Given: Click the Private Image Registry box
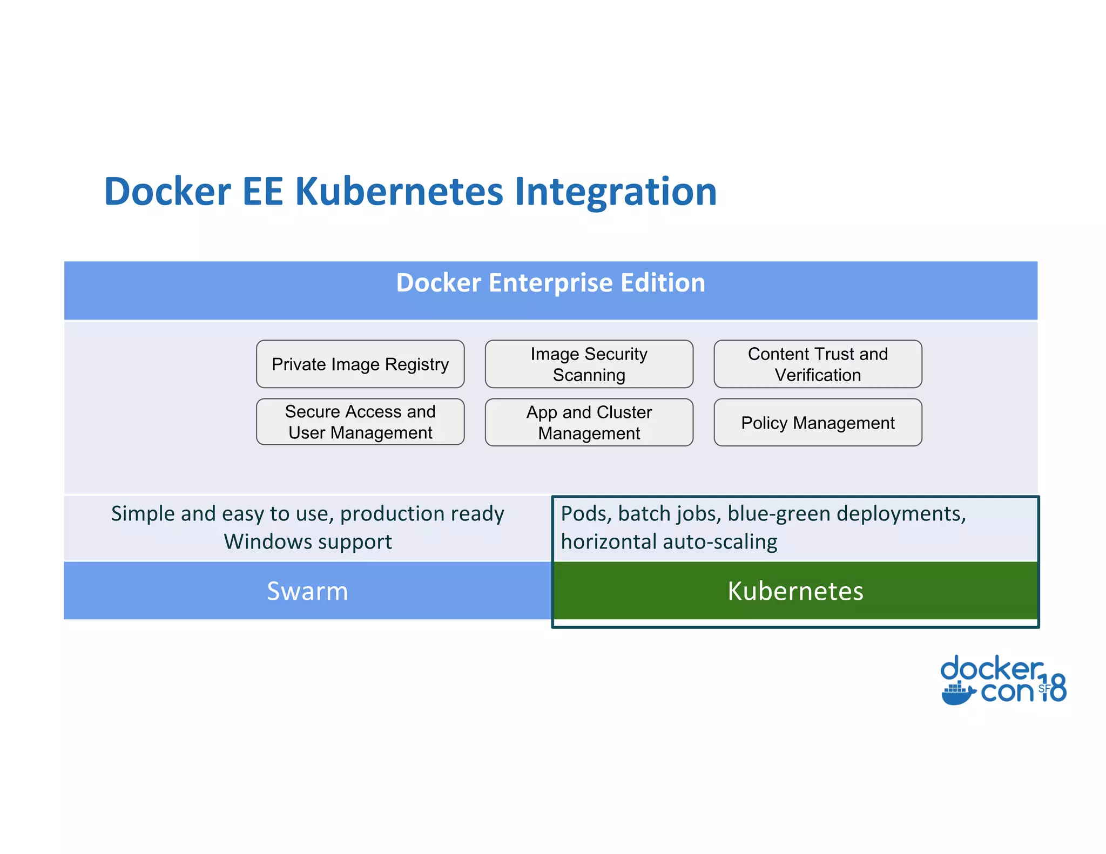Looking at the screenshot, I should pyautogui.click(x=360, y=364).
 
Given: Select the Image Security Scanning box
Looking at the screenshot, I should pyautogui.click(x=589, y=364).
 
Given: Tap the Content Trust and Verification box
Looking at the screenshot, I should pyautogui.click(x=818, y=364).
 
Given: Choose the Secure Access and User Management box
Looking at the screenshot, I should pyautogui.click(x=360, y=422).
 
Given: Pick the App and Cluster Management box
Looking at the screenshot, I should pyautogui.click(x=589, y=423).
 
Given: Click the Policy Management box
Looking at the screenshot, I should pyautogui.click(x=818, y=423).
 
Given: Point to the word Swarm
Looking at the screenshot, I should pyautogui.click(x=307, y=591).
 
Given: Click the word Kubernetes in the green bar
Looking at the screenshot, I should pyautogui.click(x=795, y=591).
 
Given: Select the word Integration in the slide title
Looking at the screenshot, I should pyautogui.click(x=616, y=192).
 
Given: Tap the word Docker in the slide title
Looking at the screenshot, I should pyautogui.click(x=167, y=192).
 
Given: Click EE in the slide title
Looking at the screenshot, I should pyautogui.click(x=263, y=192).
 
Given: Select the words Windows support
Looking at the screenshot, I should pyautogui.click(x=308, y=542).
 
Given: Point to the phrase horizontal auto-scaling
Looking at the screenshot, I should pyautogui.click(x=669, y=542).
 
